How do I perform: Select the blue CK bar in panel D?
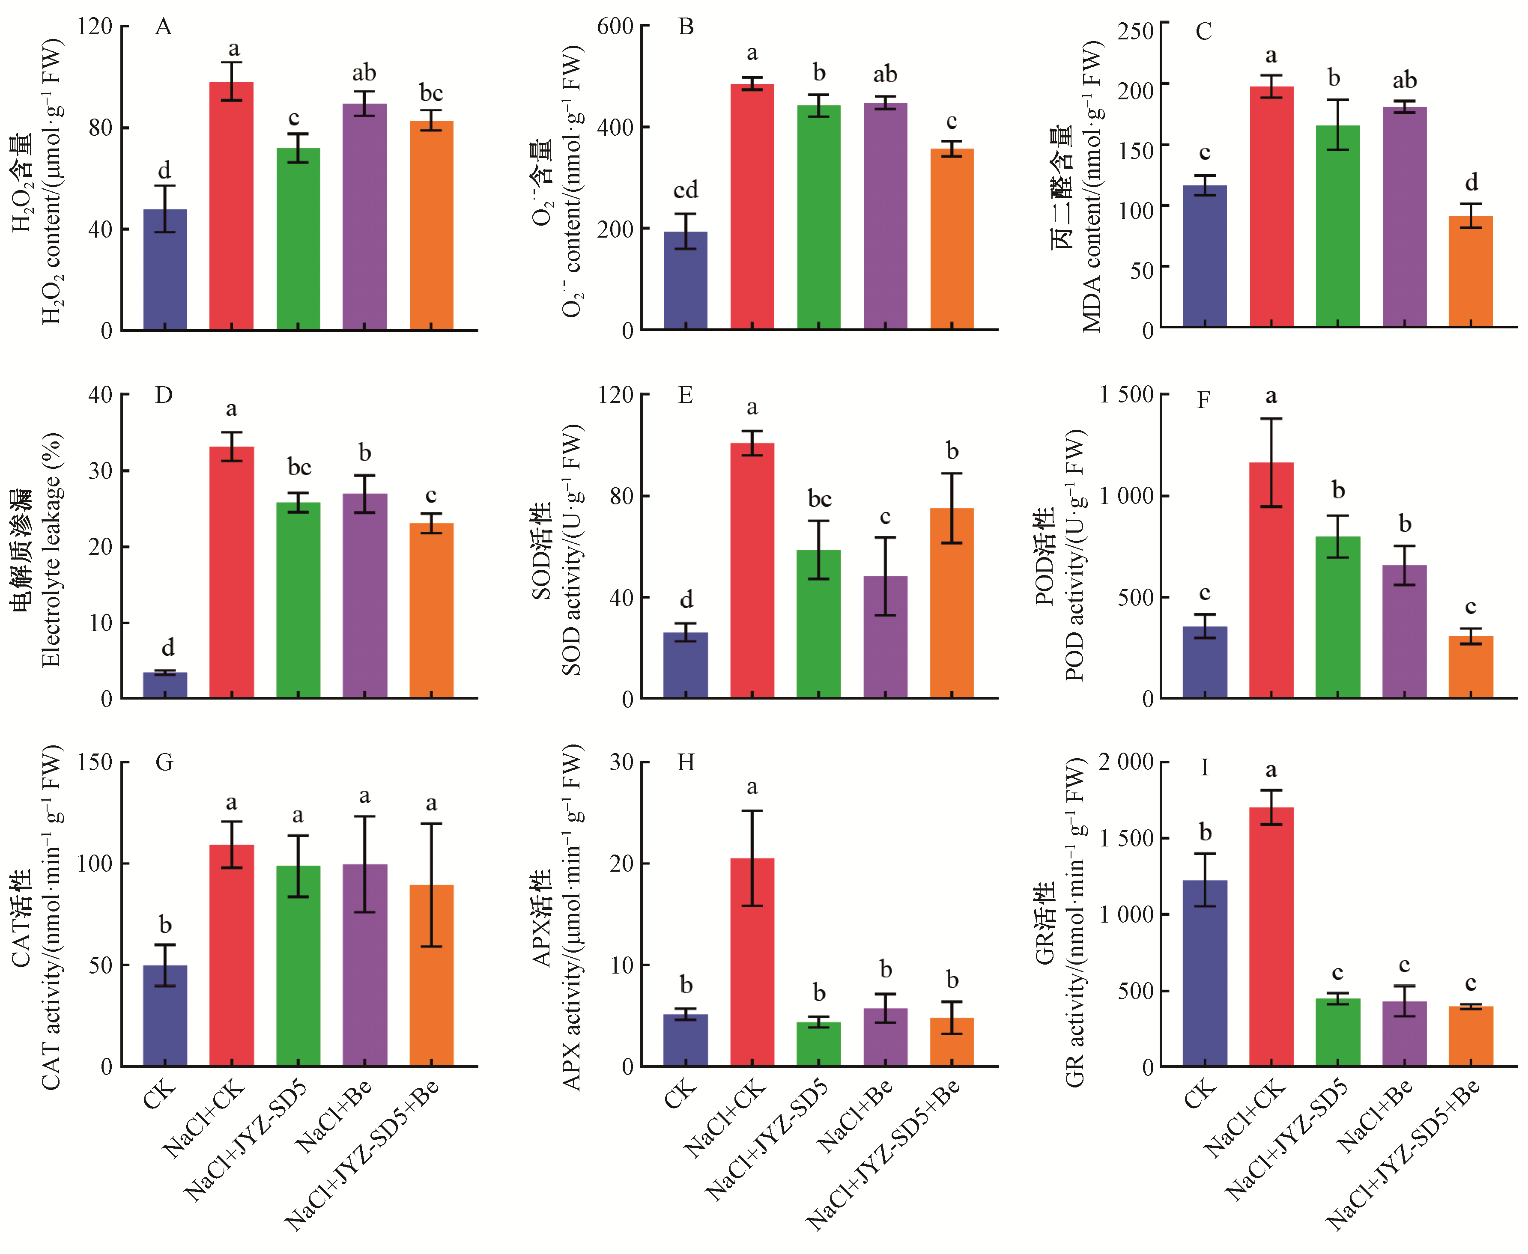coord(165,685)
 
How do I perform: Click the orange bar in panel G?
coord(431,975)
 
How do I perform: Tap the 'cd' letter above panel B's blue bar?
coord(686,190)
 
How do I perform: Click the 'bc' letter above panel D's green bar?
coord(299,468)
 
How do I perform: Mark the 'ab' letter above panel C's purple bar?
coord(1405,80)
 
